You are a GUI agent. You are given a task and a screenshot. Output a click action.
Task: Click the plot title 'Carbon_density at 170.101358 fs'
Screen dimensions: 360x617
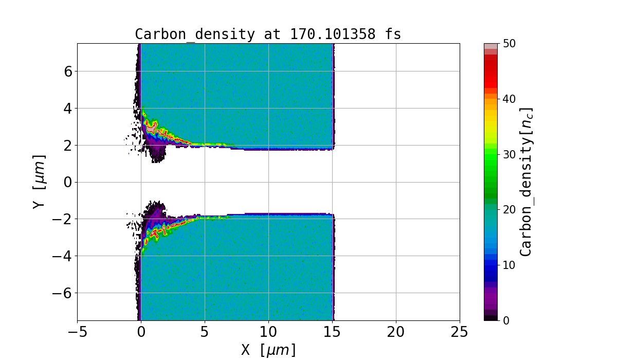268,34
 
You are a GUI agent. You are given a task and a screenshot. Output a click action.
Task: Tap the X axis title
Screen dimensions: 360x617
268,350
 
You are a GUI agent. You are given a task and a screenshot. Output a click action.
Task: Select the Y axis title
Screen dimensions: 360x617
39,182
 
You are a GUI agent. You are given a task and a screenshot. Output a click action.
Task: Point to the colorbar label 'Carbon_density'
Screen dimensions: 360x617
525,182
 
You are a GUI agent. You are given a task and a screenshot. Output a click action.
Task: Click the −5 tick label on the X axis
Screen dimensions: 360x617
77,332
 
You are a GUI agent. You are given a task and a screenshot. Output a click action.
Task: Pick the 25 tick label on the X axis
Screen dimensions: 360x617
459,332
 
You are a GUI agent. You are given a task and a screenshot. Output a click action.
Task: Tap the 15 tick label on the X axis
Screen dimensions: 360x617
332,332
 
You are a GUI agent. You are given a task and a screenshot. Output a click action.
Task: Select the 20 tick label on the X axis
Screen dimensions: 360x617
396,332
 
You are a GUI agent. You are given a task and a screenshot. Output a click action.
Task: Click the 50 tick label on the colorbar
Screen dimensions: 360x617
509,44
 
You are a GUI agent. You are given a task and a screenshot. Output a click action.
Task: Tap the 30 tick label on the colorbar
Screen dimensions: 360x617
509,154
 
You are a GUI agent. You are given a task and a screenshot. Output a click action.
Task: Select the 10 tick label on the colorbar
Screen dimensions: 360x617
509,265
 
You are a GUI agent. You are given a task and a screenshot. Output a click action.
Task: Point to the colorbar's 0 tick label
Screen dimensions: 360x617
505,320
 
